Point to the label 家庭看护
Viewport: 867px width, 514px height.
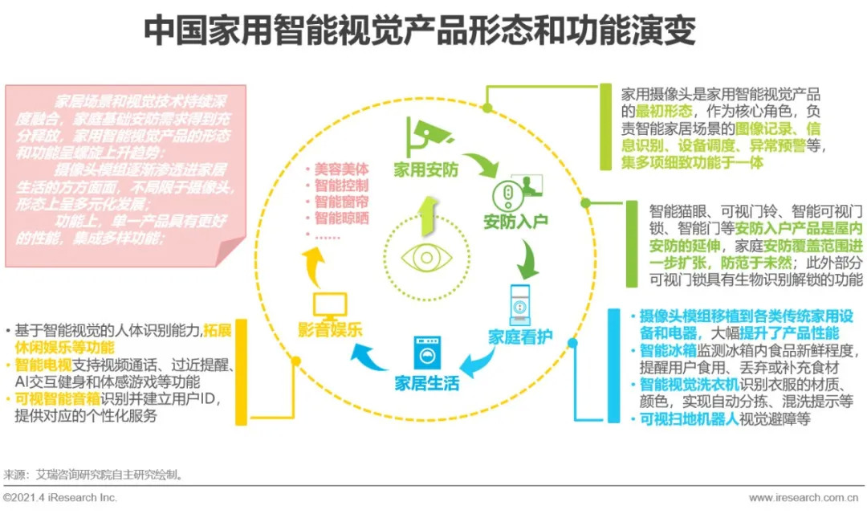click(x=520, y=337)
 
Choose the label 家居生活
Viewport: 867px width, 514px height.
click(x=426, y=383)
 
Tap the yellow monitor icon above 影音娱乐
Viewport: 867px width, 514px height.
click(x=329, y=304)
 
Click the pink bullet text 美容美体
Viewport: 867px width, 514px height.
click(x=340, y=169)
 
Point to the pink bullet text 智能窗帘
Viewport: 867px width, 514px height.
click(x=340, y=202)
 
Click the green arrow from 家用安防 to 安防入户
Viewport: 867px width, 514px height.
click(x=483, y=166)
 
